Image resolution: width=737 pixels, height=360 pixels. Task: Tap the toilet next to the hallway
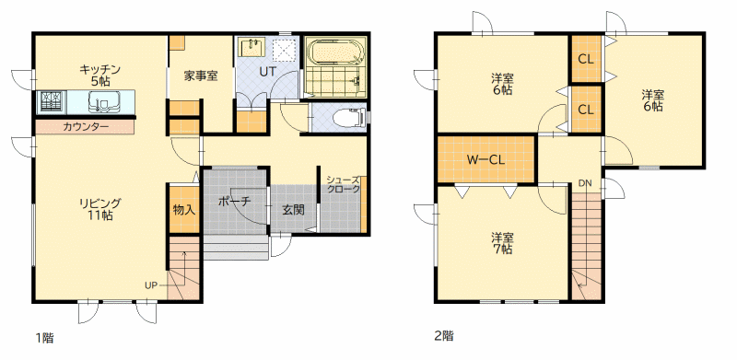pyautogui.click(x=348, y=118)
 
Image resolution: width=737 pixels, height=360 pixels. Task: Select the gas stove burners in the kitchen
pyautogui.click(x=51, y=101)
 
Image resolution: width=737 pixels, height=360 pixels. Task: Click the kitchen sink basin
pyautogui.click(x=104, y=102)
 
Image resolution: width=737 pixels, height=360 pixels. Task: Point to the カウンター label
pyautogui.click(x=86, y=127)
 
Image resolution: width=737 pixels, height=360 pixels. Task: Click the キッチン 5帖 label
pyautogui.click(x=100, y=75)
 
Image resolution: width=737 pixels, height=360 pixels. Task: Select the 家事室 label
pyautogui.click(x=201, y=75)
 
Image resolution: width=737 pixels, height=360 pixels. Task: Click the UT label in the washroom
pyautogui.click(x=268, y=71)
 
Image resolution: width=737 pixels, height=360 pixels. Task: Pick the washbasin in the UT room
pyautogui.click(x=252, y=47)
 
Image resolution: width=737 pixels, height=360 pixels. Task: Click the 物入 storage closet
pyautogui.click(x=183, y=209)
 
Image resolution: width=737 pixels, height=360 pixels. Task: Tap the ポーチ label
pyautogui.click(x=235, y=202)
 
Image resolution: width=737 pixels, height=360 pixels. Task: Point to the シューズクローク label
pyautogui.click(x=344, y=185)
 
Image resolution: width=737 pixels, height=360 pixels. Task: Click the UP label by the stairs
pyautogui.click(x=151, y=285)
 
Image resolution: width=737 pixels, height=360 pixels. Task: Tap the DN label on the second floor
pyautogui.click(x=585, y=183)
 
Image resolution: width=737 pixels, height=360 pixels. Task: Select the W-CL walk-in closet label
pyautogui.click(x=486, y=160)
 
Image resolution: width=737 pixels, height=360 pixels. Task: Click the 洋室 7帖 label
pyautogui.click(x=502, y=243)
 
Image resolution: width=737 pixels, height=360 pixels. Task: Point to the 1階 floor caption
pyautogui.click(x=44, y=338)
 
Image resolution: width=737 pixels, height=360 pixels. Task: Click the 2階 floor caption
pyautogui.click(x=444, y=336)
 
